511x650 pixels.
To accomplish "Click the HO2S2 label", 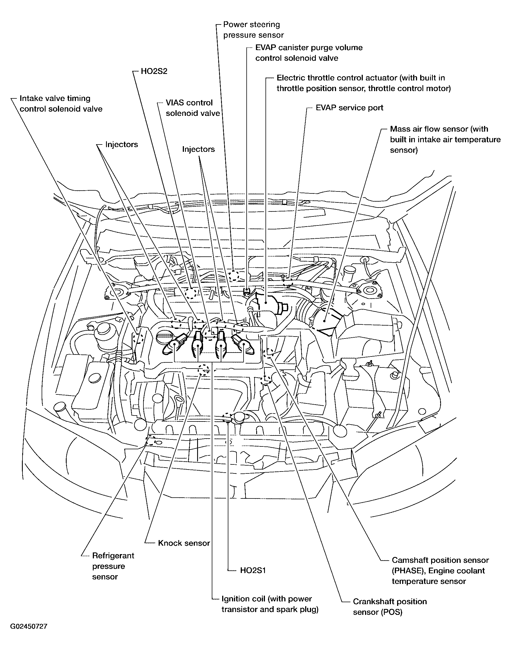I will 154,71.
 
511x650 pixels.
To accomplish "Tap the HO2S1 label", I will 253,570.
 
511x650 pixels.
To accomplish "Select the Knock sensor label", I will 184,543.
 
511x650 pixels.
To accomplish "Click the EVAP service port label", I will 349,108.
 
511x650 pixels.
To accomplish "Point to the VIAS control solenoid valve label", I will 193,108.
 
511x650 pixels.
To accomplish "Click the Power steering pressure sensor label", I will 253,30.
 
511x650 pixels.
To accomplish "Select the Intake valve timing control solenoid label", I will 61,103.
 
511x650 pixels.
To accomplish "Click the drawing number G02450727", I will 29,626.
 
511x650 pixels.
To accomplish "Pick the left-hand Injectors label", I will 121,145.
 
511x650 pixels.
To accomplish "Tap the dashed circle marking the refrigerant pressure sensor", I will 150,441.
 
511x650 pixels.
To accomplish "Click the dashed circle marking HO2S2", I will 191,294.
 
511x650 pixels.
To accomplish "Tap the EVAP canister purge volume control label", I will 309,53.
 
